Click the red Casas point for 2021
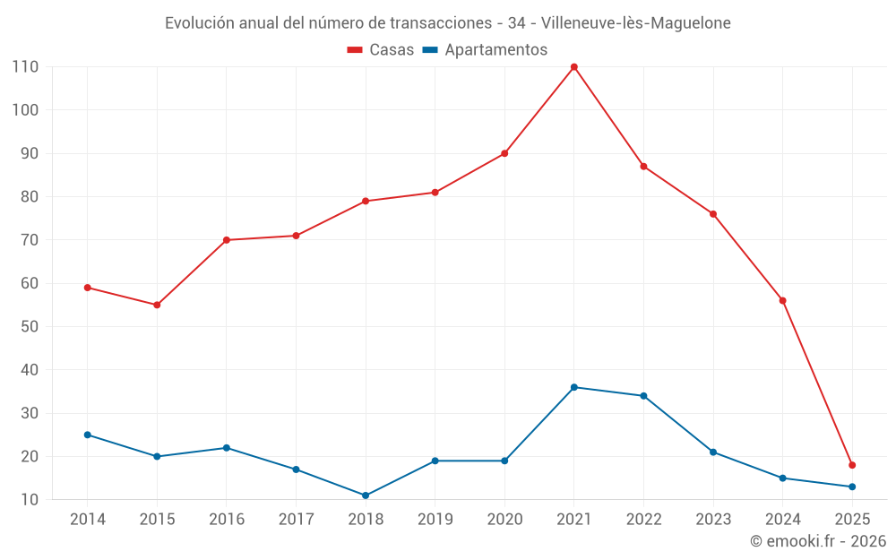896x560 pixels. point(574,67)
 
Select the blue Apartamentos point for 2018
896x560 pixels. point(366,495)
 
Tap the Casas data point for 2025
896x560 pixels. point(852,465)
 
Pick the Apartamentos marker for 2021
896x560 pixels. point(574,387)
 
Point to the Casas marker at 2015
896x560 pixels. point(157,305)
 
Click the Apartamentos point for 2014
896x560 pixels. point(88,435)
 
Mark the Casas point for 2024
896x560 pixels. point(782,301)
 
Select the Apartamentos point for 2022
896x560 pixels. point(643,396)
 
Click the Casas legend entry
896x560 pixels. point(381,50)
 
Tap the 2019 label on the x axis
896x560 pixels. point(435,520)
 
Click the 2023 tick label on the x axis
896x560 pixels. point(713,520)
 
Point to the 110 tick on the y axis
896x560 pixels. point(25,67)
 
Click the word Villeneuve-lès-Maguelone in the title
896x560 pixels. point(636,23)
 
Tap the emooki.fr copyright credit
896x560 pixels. point(818,541)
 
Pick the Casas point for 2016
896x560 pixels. point(227,240)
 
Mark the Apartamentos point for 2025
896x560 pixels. point(852,487)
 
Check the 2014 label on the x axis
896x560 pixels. point(88,520)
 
